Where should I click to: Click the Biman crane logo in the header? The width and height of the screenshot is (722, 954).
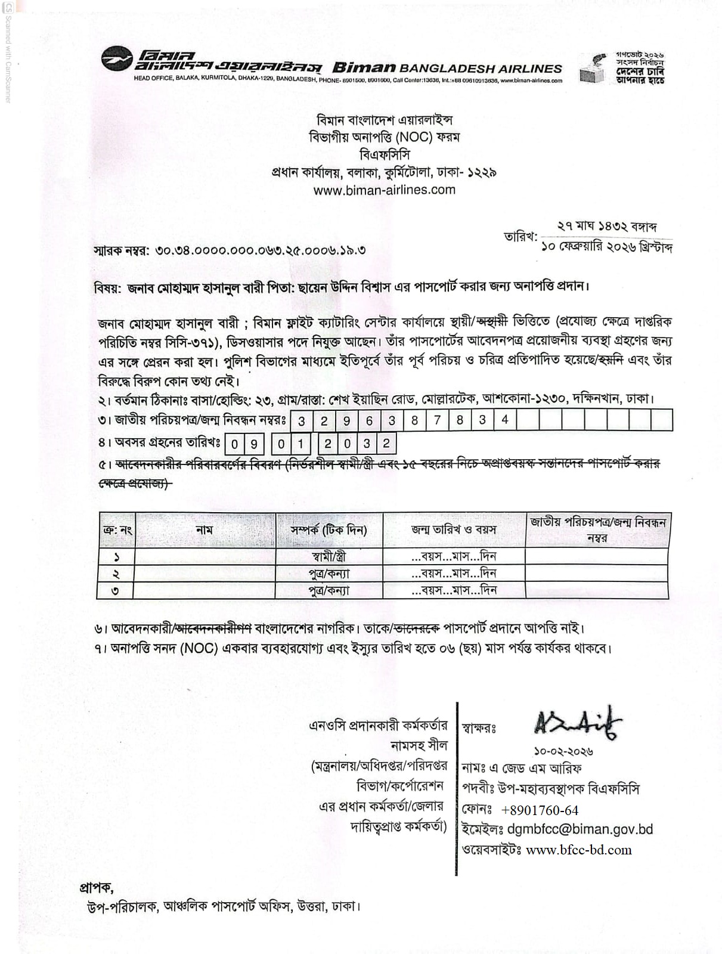(x=117, y=61)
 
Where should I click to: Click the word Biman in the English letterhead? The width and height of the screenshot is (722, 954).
(x=364, y=68)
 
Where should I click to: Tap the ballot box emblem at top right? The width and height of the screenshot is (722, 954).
(x=594, y=68)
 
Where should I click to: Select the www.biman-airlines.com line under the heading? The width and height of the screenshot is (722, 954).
(x=384, y=190)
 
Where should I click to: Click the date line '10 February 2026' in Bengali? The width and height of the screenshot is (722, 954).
(x=606, y=247)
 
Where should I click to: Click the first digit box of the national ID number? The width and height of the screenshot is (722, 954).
(x=302, y=421)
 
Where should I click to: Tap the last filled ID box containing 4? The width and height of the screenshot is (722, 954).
(x=504, y=420)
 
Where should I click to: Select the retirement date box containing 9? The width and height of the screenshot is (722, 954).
(x=254, y=444)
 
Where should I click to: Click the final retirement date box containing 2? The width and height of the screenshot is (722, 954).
(x=386, y=444)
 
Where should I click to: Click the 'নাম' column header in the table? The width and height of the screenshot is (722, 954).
(x=204, y=529)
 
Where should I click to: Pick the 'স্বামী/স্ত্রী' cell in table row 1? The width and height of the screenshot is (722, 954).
(x=329, y=557)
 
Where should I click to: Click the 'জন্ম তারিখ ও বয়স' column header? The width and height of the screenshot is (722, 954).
(x=454, y=529)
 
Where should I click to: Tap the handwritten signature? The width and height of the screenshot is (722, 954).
(x=577, y=723)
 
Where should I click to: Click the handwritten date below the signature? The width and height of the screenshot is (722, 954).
(x=563, y=752)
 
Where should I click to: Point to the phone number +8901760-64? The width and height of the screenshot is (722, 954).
(x=540, y=810)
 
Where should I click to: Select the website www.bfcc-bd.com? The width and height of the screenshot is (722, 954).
(x=578, y=850)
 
